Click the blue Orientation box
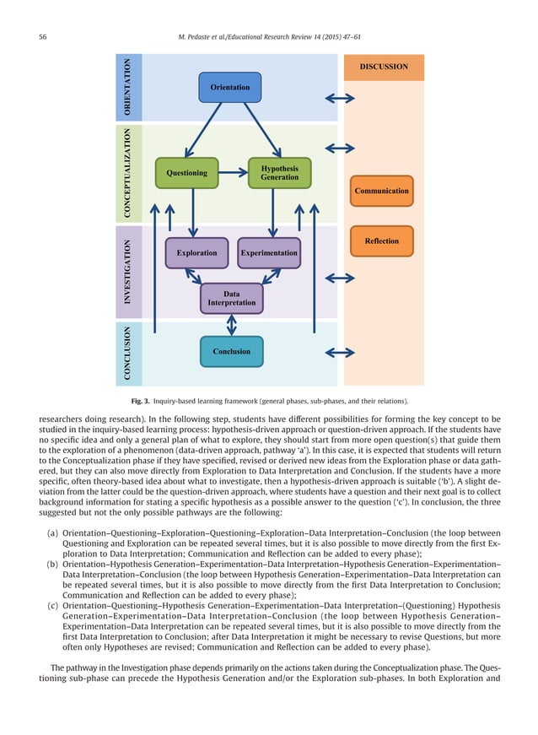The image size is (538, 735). click(x=230, y=88)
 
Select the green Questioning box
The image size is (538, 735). click(x=186, y=173)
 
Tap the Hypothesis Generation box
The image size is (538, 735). click(x=279, y=173)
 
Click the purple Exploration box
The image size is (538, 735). click(x=196, y=252)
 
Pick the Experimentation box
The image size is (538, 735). click(x=269, y=252)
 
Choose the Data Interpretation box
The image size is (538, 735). click(x=232, y=298)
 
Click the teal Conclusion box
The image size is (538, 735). click(x=232, y=352)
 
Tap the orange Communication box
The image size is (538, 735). click(x=381, y=192)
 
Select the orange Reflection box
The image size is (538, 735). click(x=381, y=241)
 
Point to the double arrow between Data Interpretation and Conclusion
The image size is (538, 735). click(x=232, y=325)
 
